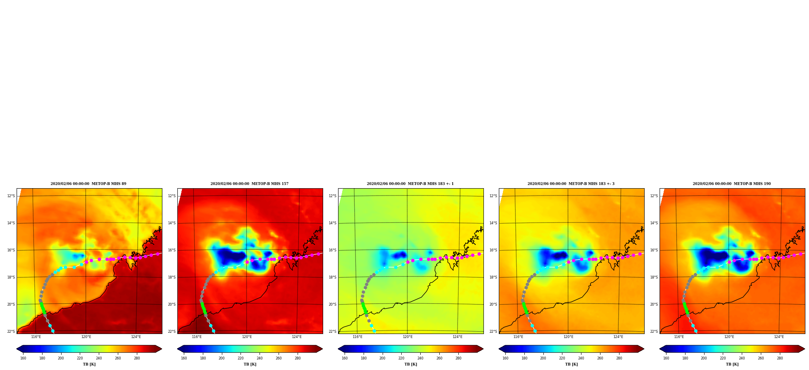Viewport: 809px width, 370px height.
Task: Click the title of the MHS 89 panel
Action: [88, 184]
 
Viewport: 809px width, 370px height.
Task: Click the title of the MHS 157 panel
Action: [249, 184]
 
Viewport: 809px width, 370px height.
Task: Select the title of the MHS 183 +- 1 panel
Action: [410, 184]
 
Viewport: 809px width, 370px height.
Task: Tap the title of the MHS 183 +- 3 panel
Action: [571, 184]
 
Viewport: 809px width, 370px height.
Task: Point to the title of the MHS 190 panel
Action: [732, 184]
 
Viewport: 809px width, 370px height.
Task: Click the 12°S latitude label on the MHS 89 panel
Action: [11, 196]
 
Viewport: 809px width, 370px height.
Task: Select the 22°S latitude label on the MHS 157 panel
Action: [172, 332]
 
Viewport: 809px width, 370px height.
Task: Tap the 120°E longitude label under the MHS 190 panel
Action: [729, 337]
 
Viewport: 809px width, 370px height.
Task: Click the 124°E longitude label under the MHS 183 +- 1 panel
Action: [458, 337]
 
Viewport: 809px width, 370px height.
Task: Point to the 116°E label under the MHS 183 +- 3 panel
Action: [518, 337]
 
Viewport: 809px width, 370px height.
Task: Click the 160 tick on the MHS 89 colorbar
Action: [23, 358]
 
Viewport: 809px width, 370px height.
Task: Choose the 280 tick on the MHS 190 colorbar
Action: [780, 358]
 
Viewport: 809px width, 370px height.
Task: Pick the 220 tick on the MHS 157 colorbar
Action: [241, 358]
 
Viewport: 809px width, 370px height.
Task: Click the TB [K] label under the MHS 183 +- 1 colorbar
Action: [411, 364]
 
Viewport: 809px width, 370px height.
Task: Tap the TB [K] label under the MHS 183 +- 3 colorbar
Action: [571, 364]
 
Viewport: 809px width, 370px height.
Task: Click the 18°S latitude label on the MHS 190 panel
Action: [654, 277]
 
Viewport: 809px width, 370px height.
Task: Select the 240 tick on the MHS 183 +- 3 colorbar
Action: [581, 358]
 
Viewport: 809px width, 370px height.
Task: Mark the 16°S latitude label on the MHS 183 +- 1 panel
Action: [332, 250]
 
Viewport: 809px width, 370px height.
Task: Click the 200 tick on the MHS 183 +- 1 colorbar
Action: [382, 358]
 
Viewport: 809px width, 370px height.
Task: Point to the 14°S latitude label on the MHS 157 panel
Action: [172, 223]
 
